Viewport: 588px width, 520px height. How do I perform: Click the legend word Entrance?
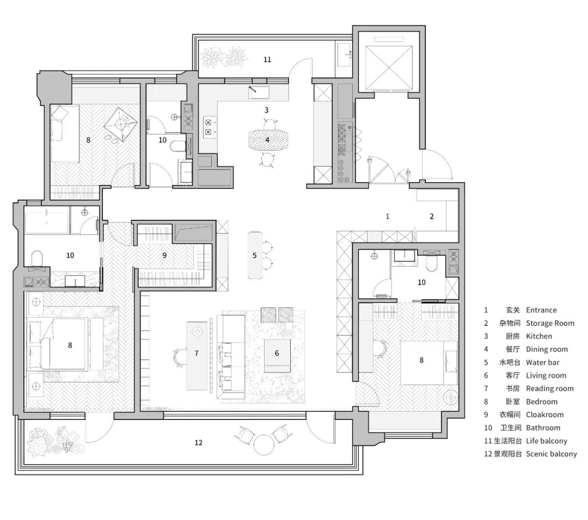tap(541, 310)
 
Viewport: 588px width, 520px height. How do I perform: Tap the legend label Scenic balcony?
tap(551, 454)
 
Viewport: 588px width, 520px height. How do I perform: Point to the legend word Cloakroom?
tap(544, 414)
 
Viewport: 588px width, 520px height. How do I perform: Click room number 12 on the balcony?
tap(198, 443)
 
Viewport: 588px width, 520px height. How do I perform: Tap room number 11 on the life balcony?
tap(267, 59)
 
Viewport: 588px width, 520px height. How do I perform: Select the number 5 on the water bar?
tap(254, 255)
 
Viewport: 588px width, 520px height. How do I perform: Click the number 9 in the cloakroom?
tap(164, 255)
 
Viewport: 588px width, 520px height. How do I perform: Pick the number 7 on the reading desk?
tap(197, 353)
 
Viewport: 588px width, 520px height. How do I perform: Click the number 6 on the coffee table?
tap(277, 354)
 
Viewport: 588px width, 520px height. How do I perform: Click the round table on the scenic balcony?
tap(264, 444)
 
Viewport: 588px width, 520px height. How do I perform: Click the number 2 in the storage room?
tap(432, 216)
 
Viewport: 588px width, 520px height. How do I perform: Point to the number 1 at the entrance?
tap(388, 216)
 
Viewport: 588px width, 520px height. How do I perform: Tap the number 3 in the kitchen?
tap(266, 110)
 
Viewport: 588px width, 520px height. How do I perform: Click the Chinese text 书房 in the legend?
tap(512, 388)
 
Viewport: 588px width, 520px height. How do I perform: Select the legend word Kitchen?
tap(538, 336)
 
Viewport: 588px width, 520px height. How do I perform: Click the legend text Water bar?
tap(542, 362)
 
